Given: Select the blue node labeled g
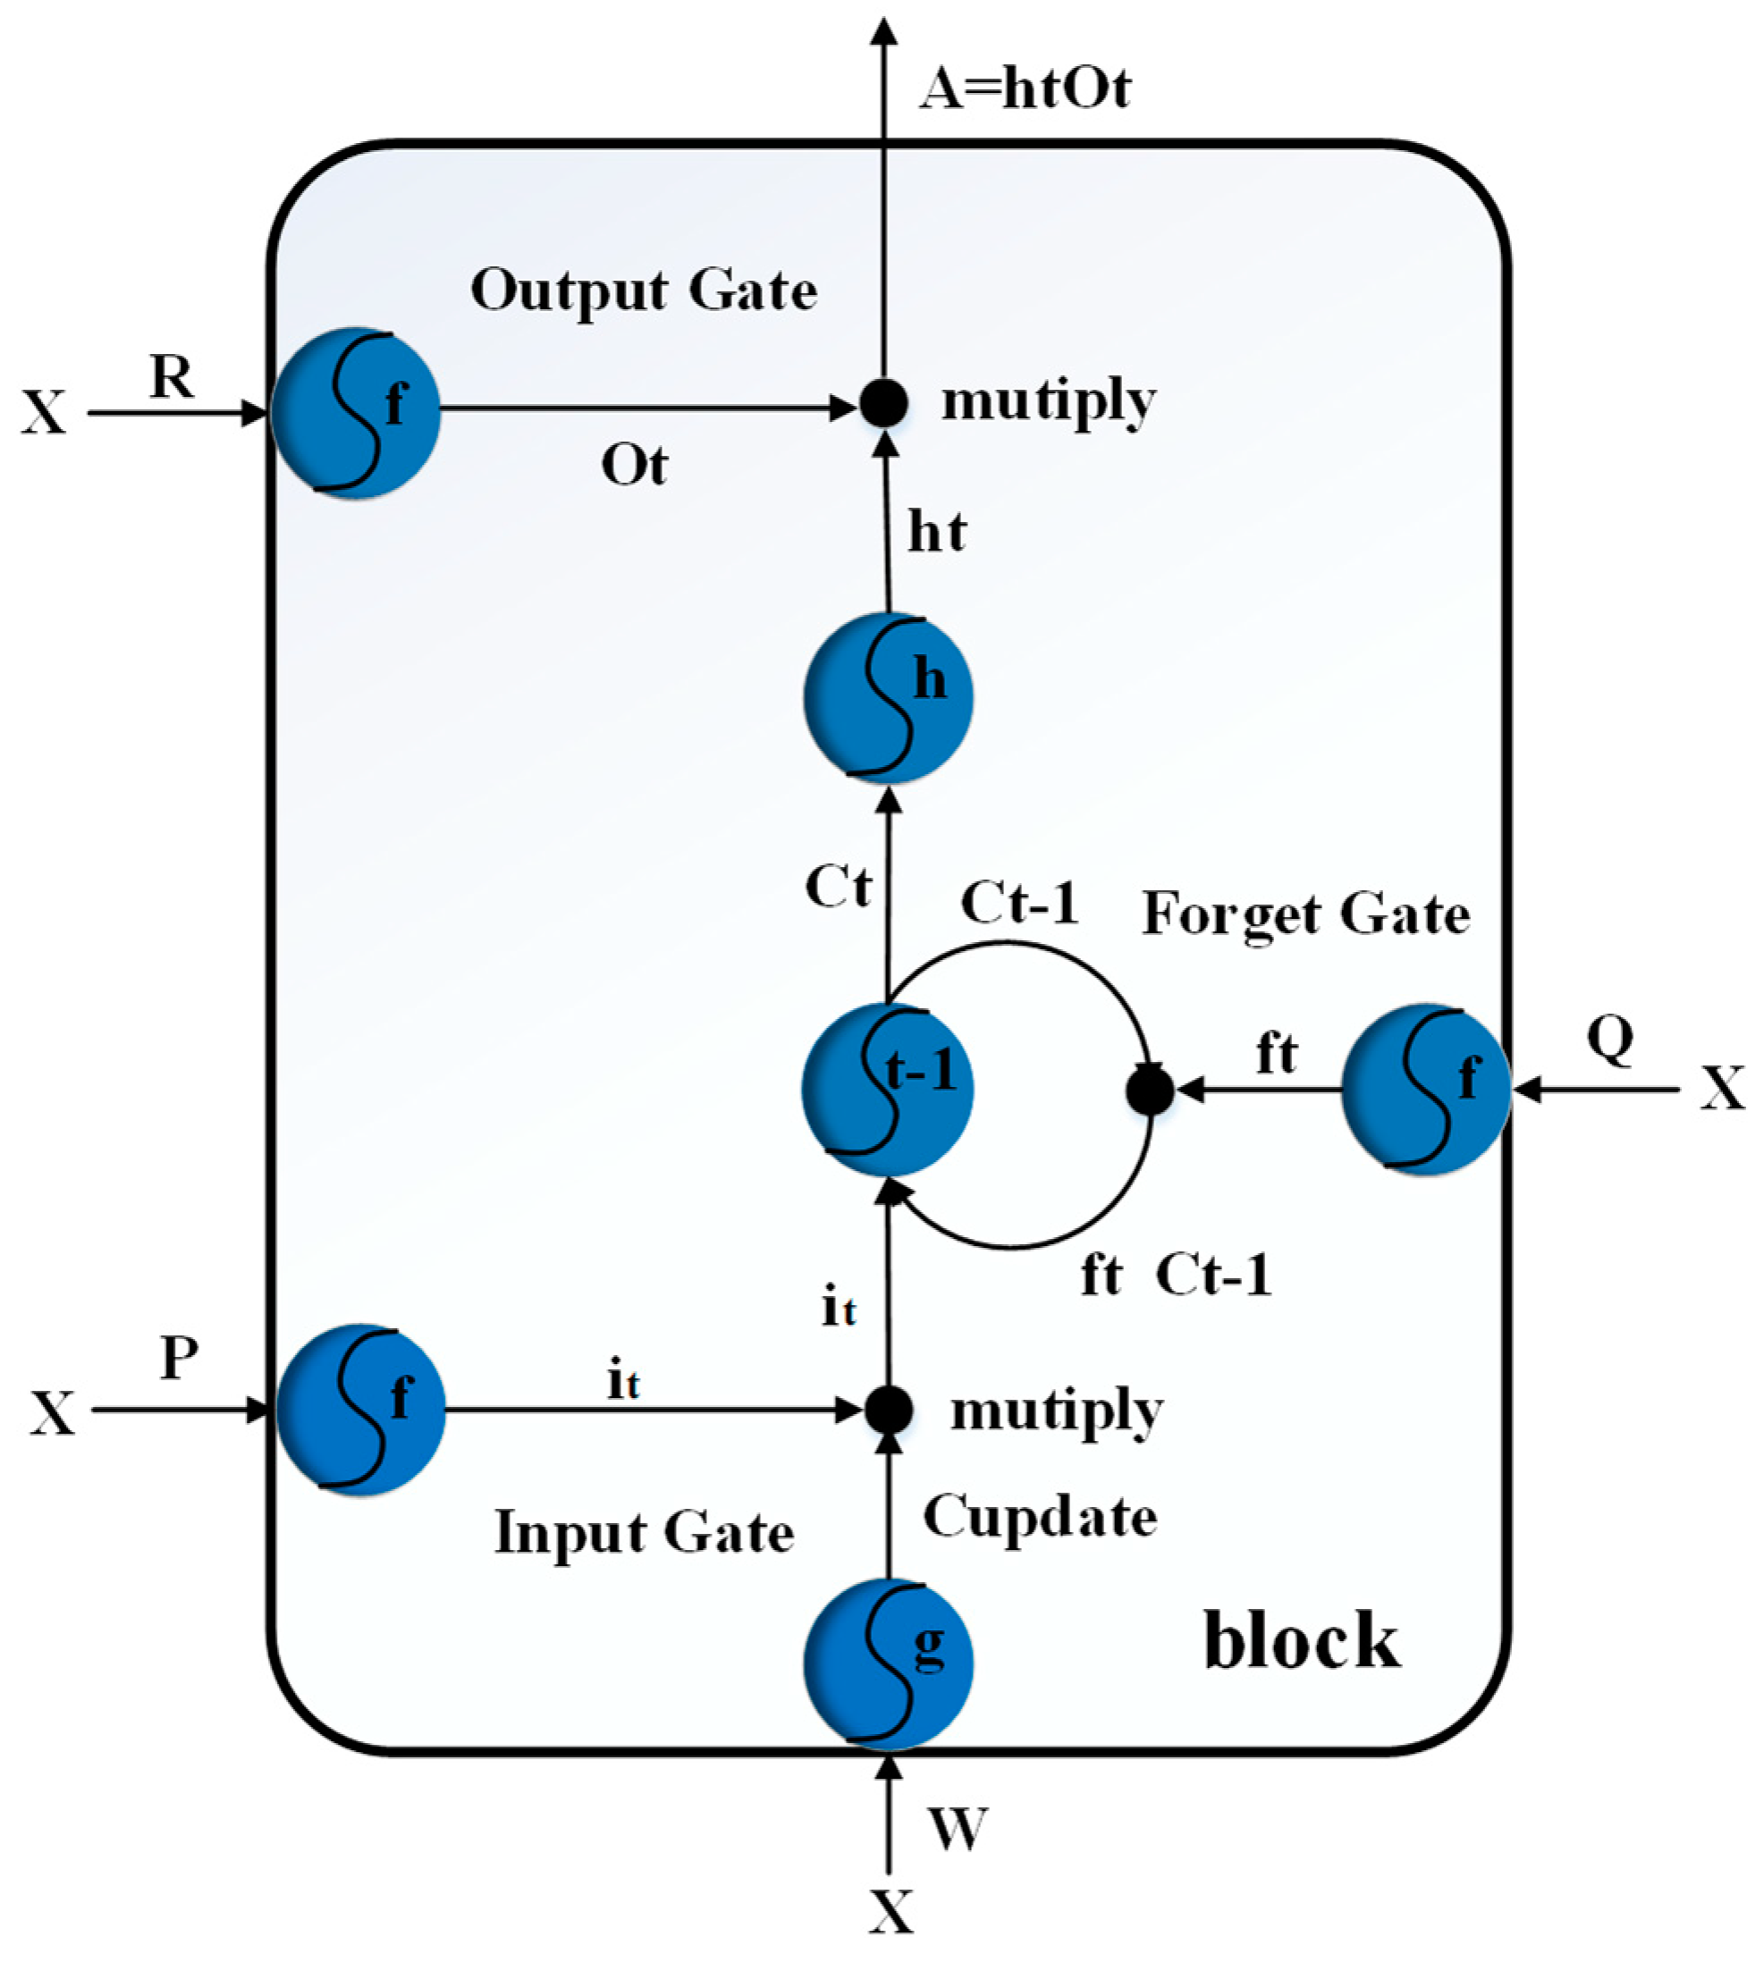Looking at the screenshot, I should click(888, 1663).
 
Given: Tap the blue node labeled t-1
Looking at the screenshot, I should click(887, 1089).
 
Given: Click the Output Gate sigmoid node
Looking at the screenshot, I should click(356, 413).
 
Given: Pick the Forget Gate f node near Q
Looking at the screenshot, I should click(1426, 1089).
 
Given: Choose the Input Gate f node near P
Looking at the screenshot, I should click(360, 1410).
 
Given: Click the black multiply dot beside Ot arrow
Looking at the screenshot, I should click(884, 403).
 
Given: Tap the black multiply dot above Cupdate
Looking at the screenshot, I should click(888, 1410).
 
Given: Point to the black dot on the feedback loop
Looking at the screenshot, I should click(1151, 1090).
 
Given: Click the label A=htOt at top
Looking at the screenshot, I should click(1025, 89).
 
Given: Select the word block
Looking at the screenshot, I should click(1302, 1641).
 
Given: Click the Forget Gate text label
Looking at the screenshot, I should click(1305, 914).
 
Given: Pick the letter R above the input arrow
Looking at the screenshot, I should click(172, 376).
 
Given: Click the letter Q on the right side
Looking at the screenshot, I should click(1610, 1039).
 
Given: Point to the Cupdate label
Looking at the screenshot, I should click(1039, 1516).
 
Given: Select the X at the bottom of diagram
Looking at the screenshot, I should click(890, 1912).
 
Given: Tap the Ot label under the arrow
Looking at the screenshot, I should click(634, 466).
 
